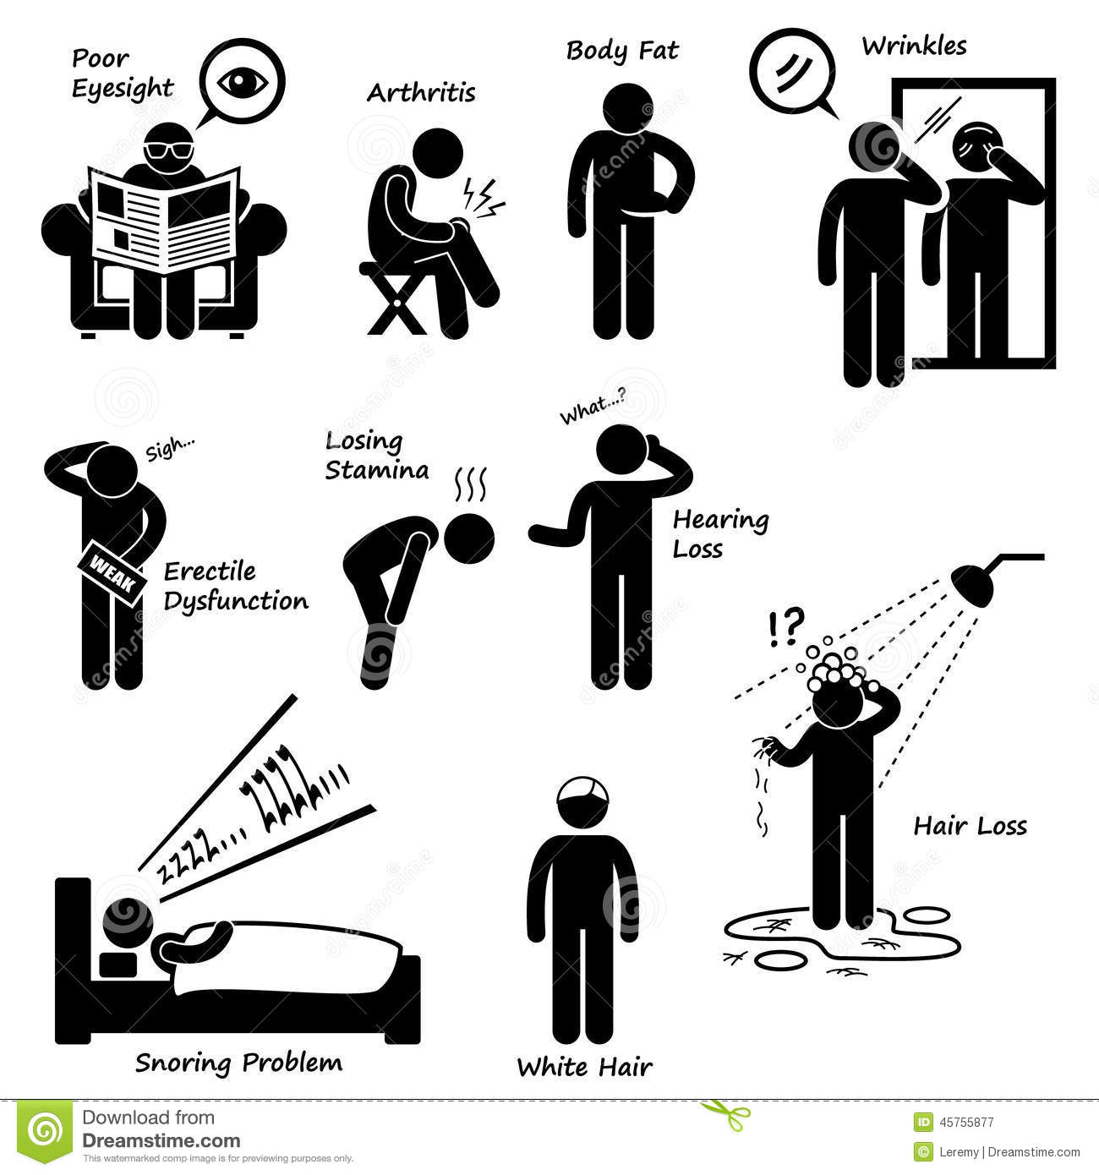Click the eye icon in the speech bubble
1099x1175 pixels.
click(x=242, y=82)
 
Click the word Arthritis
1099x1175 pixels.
click(x=421, y=92)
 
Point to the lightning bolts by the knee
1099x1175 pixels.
click(x=483, y=198)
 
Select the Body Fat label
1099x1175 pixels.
click(x=622, y=51)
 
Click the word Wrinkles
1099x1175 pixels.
click(x=914, y=46)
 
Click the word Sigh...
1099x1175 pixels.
click(x=169, y=450)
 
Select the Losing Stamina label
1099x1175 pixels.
click(x=377, y=456)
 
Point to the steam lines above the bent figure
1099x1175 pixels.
click(x=471, y=485)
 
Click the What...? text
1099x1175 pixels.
click(x=593, y=409)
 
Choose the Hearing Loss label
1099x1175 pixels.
click(x=720, y=533)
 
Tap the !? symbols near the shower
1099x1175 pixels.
click(x=786, y=627)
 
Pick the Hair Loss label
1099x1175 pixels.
click(x=970, y=826)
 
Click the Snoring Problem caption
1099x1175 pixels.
click(x=238, y=1063)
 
